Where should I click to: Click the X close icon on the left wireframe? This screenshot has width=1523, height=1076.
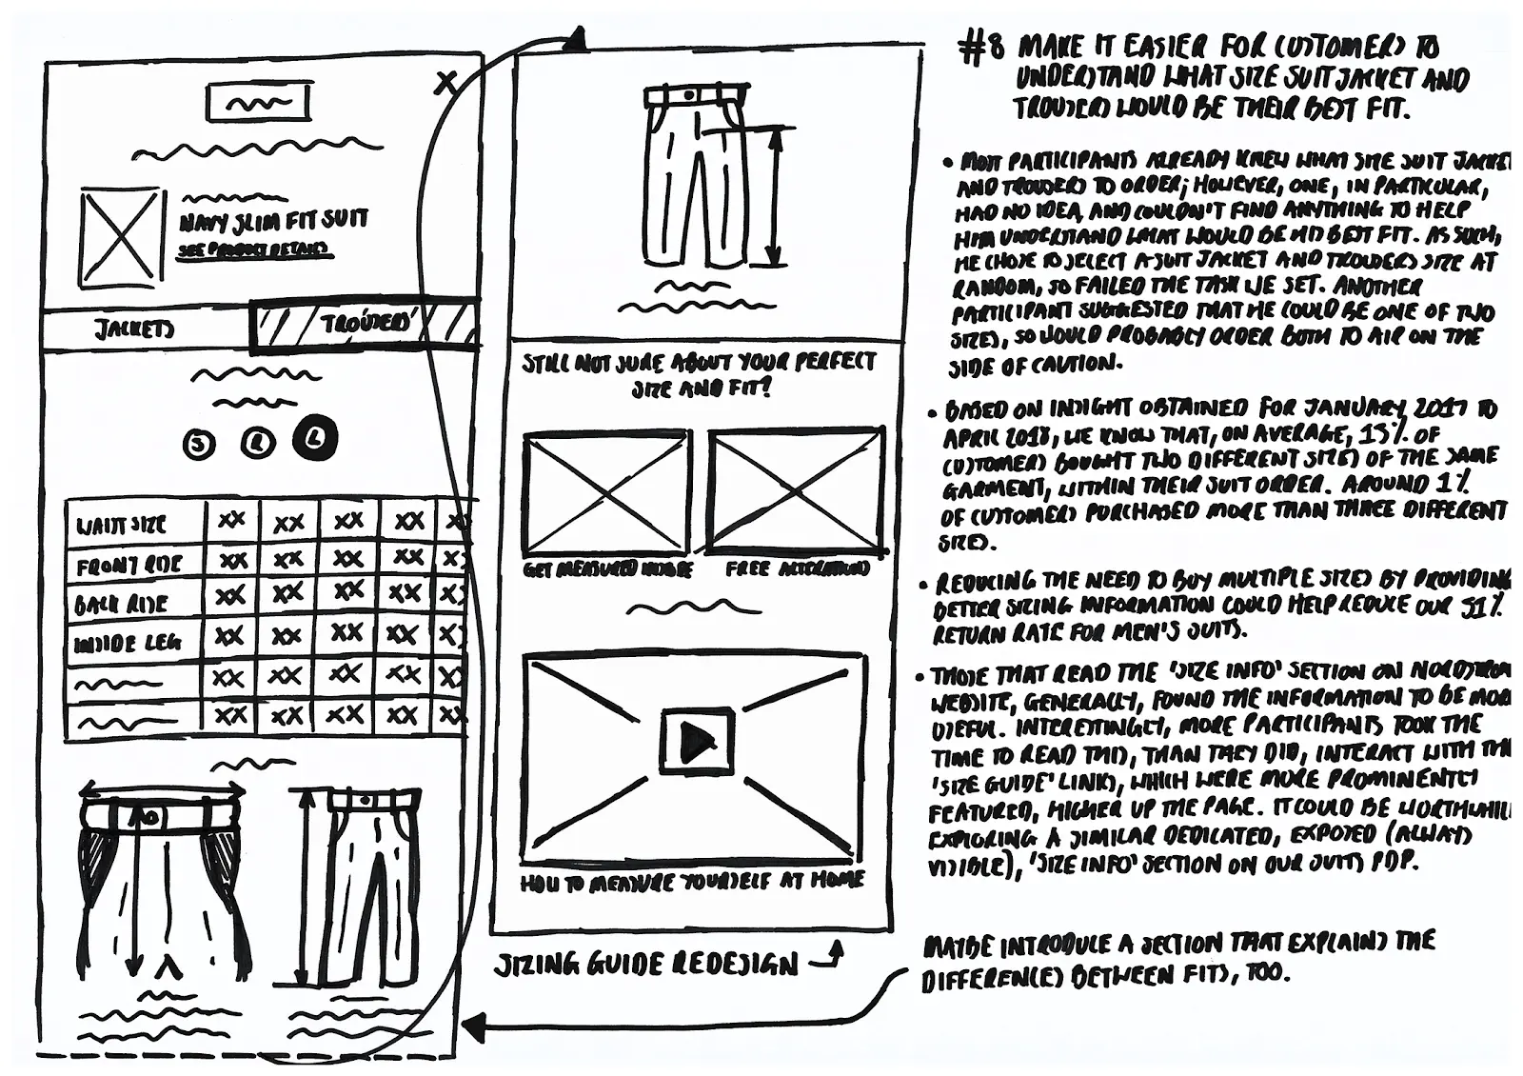click(445, 82)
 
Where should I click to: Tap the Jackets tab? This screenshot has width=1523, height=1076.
click(134, 329)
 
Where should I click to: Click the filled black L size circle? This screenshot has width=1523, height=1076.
click(316, 439)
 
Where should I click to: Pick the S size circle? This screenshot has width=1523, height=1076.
click(198, 445)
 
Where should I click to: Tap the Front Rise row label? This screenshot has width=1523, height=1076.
click(129, 566)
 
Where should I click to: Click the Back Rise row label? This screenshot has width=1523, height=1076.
click(121, 605)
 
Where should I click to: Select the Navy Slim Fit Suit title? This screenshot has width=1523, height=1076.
click(274, 222)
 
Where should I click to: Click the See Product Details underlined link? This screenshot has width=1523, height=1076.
click(255, 249)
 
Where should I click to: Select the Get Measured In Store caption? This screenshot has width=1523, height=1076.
click(607, 569)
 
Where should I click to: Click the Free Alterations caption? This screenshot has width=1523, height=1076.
click(797, 568)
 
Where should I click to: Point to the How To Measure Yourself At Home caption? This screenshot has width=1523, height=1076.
click(692, 881)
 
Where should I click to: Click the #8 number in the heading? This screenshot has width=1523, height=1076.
click(980, 49)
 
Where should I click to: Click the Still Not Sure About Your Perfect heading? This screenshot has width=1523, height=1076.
click(698, 364)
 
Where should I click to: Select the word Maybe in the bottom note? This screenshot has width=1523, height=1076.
click(958, 947)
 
